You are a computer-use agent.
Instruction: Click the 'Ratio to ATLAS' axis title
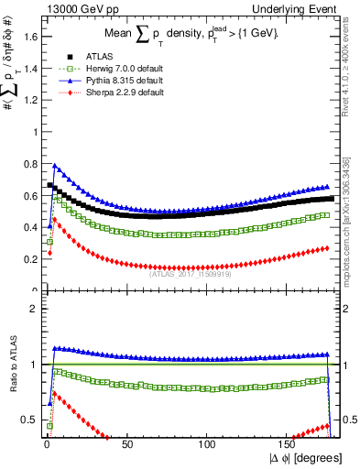(x=13, y=365)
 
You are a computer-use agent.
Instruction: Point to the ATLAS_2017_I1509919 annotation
(x=189, y=271)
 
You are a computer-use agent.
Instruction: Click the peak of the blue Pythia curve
(x=55, y=166)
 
